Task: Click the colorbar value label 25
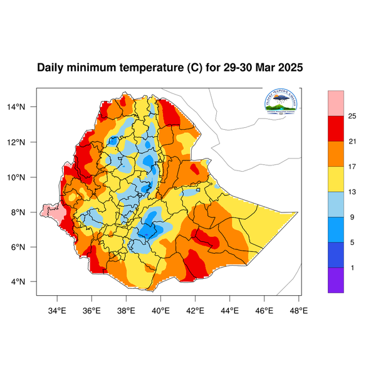click(352, 116)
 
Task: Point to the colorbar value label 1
click(352, 268)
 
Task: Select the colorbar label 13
click(352, 192)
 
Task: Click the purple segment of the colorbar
click(336, 280)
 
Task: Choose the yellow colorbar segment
click(336, 179)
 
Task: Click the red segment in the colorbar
click(336, 128)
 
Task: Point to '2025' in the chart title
click(290, 68)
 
